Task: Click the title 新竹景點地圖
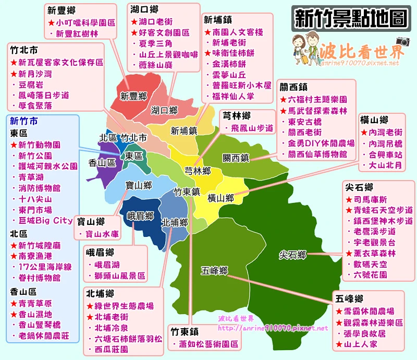pyautogui.click(x=350, y=18)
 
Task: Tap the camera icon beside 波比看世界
pyautogui.click(x=402, y=42)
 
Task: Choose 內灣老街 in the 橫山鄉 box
pyautogui.click(x=385, y=131)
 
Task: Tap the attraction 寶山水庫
pyautogui.click(x=103, y=234)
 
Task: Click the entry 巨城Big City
pyautogui.click(x=45, y=221)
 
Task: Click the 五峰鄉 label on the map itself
pyautogui.click(x=214, y=271)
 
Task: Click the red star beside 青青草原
pyautogui.click(x=14, y=303)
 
